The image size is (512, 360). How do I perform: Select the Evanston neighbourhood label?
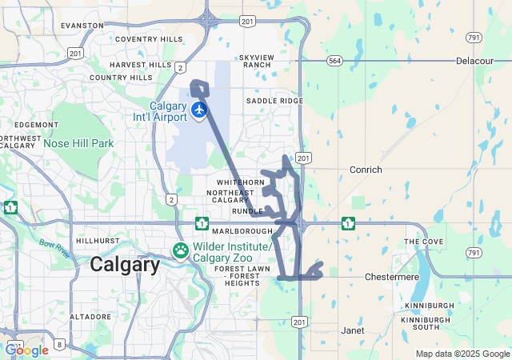[82, 26]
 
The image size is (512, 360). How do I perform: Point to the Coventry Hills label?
[149, 38]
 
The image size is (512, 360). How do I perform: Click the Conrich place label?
[366, 170]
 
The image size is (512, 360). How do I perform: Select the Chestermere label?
[387, 277]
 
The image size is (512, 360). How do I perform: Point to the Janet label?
[352, 330]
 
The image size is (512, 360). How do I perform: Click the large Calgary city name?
[125, 265]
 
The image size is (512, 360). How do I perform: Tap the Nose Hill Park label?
[78, 143]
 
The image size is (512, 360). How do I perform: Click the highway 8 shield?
[58, 349]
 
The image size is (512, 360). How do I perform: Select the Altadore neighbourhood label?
[90, 317]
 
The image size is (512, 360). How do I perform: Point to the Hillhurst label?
[97, 240]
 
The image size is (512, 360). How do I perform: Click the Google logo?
[26, 350]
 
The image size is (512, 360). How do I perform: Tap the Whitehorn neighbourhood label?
[234, 182]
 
